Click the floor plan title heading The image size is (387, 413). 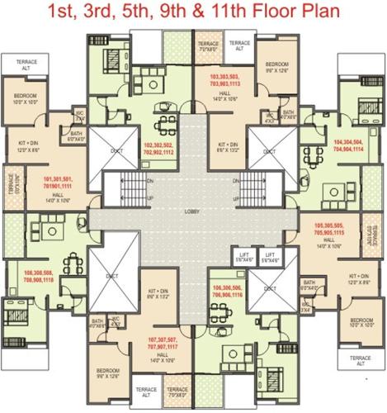tap(193, 13)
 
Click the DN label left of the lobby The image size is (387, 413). tap(126, 182)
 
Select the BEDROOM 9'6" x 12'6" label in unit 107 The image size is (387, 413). tap(107, 374)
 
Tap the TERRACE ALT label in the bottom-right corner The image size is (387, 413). tap(360, 361)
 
